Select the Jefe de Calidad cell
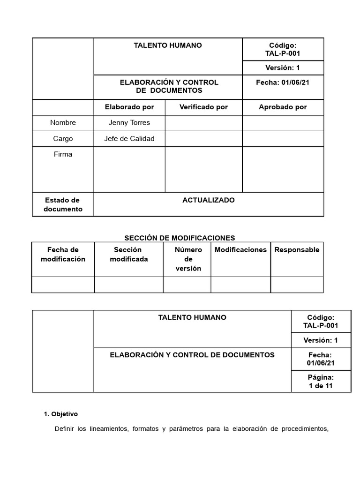(129, 138)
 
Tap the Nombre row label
(63, 122)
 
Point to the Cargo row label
(63, 138)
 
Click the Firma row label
(63, 154)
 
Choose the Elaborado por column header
(129, 107)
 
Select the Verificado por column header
(203, 107)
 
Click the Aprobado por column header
(283, 107)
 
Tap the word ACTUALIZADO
(209, 200)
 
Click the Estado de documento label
(63, 204)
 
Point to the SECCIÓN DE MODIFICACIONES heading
(180, 238)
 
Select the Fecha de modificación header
(63, 254)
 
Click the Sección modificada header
(128, 254)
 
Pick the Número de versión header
(188, 259)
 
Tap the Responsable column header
(297, 249)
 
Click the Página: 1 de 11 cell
(321, 382)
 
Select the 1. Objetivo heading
(60, 414)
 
